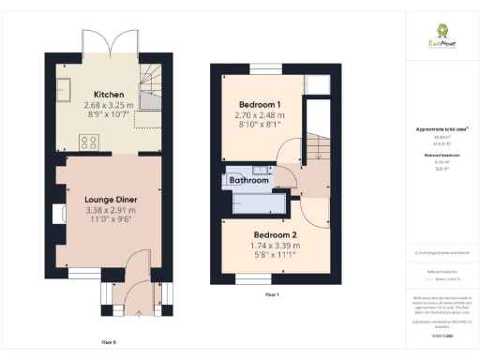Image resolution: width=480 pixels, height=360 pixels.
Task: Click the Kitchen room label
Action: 104,94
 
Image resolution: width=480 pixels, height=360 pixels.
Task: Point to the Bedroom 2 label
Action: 276,234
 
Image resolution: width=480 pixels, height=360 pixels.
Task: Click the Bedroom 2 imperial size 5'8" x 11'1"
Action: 276,257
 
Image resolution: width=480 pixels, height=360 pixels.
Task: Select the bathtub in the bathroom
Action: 258,200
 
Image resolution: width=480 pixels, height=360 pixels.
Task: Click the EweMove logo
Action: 437,40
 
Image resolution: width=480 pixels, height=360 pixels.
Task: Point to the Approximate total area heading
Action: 435,128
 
